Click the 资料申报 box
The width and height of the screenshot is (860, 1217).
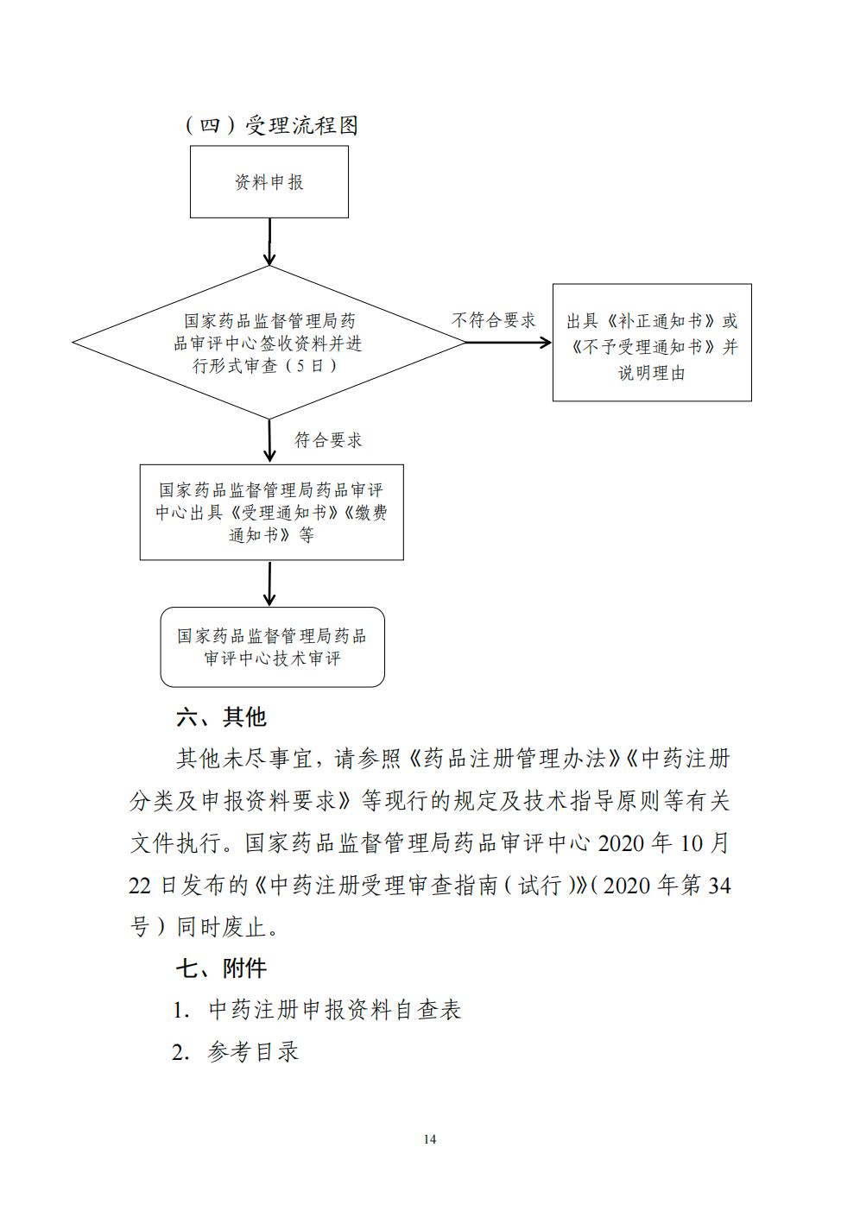269,181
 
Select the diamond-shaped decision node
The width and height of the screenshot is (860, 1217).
269,343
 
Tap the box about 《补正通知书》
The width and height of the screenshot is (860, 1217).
652,343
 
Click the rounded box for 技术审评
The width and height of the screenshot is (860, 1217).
272,647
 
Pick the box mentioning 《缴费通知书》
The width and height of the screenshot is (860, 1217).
272,512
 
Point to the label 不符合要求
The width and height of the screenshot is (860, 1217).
494,320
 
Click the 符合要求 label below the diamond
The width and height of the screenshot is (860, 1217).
328,439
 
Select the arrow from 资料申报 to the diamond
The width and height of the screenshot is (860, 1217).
269,242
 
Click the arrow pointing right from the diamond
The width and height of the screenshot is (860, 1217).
509,343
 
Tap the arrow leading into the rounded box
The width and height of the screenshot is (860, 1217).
269,583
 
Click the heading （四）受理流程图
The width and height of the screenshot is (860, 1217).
271,125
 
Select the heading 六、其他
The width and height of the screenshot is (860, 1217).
221,717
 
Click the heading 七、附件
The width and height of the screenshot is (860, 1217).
221,968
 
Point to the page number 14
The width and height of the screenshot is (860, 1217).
430,1138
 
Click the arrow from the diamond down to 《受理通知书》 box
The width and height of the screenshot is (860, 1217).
269,441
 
